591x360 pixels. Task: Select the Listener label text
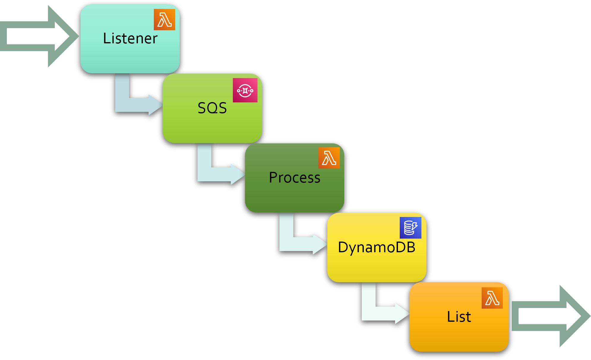click(130, 38)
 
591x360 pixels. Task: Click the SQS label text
click(212, 108)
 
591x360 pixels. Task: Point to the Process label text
click(294, 177)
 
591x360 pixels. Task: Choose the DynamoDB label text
click(377, 247)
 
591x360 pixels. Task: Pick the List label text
click(459, 317)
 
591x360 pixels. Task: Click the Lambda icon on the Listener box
click(164, 20)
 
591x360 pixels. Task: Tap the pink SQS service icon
click(245, 90)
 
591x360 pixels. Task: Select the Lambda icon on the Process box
click(329, 158)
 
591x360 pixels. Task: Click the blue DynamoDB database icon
click(410, 228)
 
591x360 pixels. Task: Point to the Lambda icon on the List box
click(492, 298)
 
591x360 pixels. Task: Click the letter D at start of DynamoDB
click(343, 247)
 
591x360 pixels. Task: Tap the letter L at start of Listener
click(106, 38)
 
